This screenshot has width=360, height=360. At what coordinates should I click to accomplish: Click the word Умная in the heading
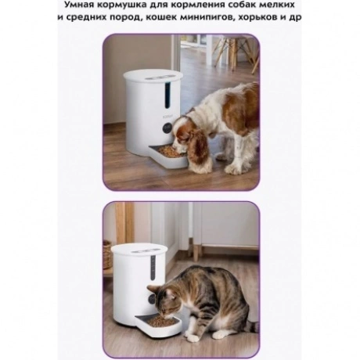pos(77,5)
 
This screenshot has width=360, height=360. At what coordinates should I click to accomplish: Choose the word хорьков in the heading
pos(259,17)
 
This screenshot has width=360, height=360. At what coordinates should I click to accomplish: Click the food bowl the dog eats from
pos(168,156)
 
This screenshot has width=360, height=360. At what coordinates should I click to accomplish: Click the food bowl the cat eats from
pos(158,326)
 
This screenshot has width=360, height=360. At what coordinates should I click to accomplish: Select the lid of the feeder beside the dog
pos(153,77)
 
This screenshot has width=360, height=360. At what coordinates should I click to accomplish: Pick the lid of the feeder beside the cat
pos(139,251)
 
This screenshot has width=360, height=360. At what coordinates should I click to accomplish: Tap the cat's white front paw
pos(193,338)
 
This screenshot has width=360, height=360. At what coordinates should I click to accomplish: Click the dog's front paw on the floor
pos(233,169)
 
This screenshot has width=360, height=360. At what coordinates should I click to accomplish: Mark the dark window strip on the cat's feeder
pos(153,268)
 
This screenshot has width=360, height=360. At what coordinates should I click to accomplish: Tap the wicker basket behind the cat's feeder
pos(106,255)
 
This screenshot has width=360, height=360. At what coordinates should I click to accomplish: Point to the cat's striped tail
pos(253,327)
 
